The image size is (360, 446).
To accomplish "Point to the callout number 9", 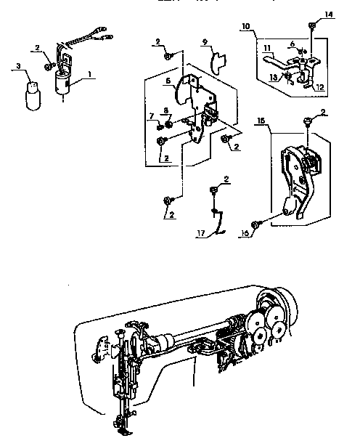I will (x=205, y=43).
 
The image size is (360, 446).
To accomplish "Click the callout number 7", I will (x=152, y=116).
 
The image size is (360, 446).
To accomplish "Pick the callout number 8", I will (x=166, y=110).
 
